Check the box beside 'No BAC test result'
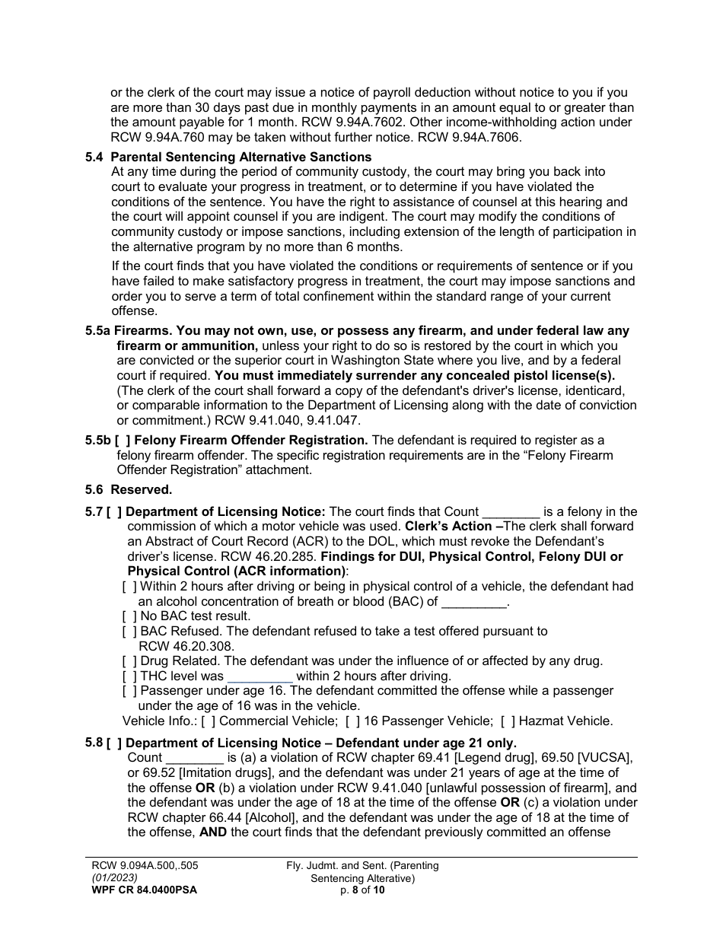(129, 616)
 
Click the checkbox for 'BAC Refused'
(129, 631)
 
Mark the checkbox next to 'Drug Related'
(129, 661)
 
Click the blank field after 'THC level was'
(260, 676)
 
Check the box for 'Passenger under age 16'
(129, 690)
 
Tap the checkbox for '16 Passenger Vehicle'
(352, 721)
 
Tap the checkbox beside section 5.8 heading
(113, 743)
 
